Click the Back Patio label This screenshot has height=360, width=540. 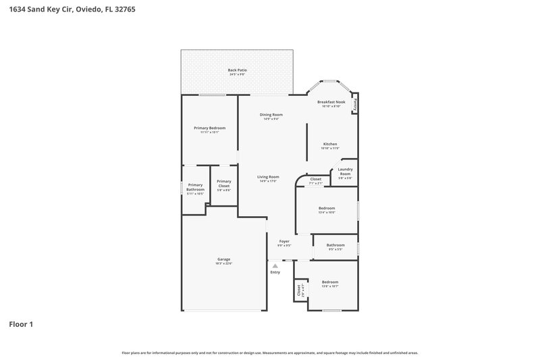pos(236,70)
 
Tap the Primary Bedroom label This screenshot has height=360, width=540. pos(209,128)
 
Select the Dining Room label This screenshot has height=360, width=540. pos(271,115)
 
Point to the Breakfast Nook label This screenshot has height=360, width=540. pos(331,102)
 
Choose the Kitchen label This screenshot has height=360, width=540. pos(330,144)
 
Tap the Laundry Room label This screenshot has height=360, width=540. pos(345,172)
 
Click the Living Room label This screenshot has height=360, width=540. pos(268,177)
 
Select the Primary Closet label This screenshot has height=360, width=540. pos(224,183)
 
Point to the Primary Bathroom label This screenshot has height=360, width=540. pos(196,187)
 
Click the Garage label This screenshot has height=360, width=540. pos(223,259)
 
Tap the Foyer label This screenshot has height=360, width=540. pos(284,241)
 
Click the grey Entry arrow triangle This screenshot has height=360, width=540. pos(275,266)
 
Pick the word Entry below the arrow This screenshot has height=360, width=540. pos(275,272)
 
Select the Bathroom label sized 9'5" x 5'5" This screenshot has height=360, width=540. pos(335,245)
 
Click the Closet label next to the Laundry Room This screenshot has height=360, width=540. pos(316,179)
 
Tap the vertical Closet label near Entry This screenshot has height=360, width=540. pos(299,290)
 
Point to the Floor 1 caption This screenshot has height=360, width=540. pos(21,324)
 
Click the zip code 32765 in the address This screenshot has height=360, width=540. pos(115,9)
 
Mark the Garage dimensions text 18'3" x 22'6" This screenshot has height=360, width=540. pos(223,263)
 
